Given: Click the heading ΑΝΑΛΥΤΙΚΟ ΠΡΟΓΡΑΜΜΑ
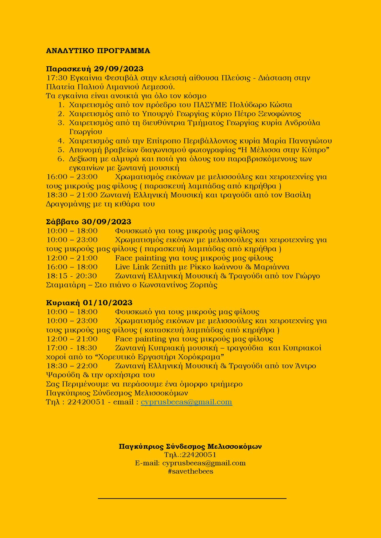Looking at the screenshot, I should [x=98, y=51].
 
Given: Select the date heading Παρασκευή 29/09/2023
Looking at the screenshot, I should [x=95, y=69].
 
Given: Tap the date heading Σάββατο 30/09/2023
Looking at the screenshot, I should [x=89, y=222].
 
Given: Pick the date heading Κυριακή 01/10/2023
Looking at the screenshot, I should [x=89, y=303].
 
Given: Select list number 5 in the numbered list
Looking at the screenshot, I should [x=61, y=150].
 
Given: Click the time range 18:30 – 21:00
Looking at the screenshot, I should [x=72, y=195].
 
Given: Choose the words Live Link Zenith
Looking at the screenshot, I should [x=145, y=267].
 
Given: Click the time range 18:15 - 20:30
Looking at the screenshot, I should [x=72, y=276].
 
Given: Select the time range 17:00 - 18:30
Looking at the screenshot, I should [x=72, y=348].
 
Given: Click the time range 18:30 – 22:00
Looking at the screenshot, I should [x=72, y=366].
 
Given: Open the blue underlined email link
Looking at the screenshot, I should [x=186, y=402].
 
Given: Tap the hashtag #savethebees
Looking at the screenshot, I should [x=190, y=471].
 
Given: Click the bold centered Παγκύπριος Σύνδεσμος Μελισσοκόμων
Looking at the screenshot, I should [x=190, y=446].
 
